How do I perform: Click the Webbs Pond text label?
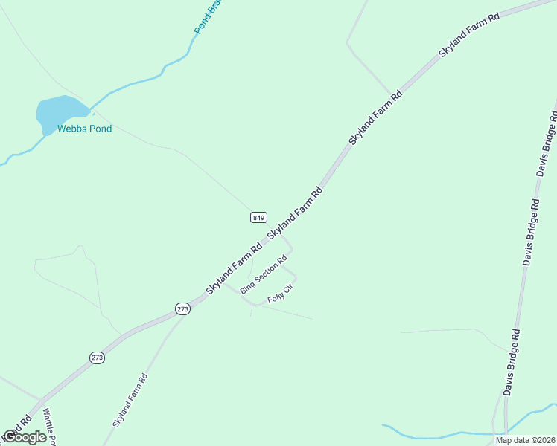tap(85, 129)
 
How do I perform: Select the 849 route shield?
tap(258, 217)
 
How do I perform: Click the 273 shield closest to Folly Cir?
tap(183, 308)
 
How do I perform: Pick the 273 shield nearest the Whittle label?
tap(98, 358)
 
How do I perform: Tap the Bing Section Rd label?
tap(264, 274)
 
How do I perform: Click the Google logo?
tap(24, 437)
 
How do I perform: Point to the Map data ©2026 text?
tap(526, 440)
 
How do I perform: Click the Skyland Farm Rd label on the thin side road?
tap(130, 400)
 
